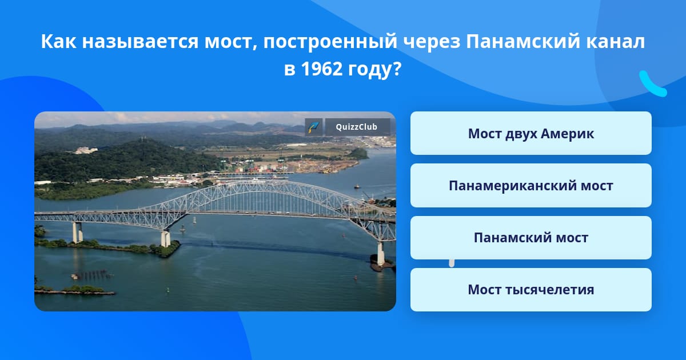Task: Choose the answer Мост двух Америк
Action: coord(531,133)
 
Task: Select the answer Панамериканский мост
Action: coord(531,185)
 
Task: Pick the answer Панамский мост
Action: coord(531,238)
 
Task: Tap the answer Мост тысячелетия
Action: coord(531,290)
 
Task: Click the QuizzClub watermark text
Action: coord(357,127)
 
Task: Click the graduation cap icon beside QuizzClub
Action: coord(313,127)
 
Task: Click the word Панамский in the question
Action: coord(523,41)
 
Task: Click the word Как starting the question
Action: coord(58,41)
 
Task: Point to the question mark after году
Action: coord(397,69)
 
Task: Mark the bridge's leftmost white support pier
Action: coord(77,232)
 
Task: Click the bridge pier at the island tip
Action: coord(165,239)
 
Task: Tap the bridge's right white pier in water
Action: coord(380,254)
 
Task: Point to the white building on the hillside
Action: coord(86,150)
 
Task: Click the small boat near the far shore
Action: coord(357,186)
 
